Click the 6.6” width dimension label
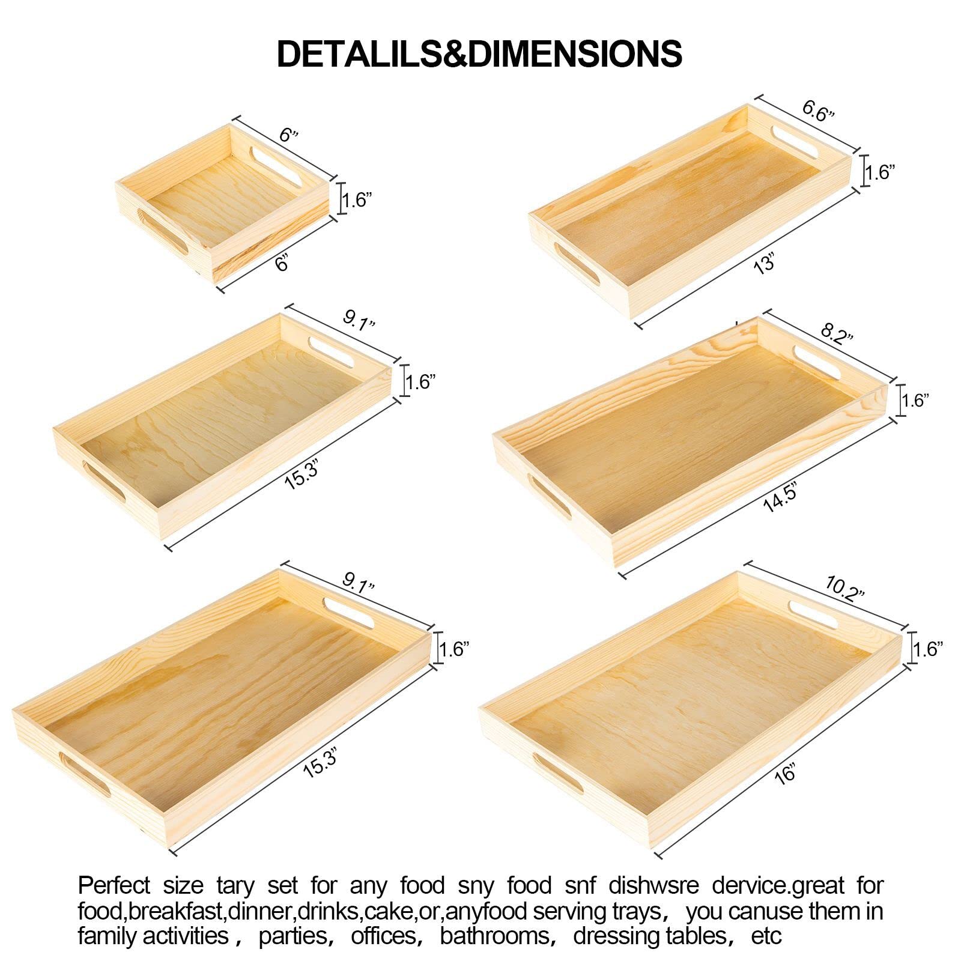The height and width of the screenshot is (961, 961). coord(817,110)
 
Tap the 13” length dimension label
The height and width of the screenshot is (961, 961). coord(764,264)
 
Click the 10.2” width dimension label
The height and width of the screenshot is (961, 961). coord(844,587)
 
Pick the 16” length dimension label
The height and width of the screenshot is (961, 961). coord(784,773)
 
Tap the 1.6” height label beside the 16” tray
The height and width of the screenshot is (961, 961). coord(927,649)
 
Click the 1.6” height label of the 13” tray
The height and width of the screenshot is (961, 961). coord(880,172)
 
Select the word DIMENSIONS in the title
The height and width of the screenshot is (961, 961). coord(575,54)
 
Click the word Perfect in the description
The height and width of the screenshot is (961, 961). coord(114,886)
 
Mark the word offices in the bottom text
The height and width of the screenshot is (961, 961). coord(383,936)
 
